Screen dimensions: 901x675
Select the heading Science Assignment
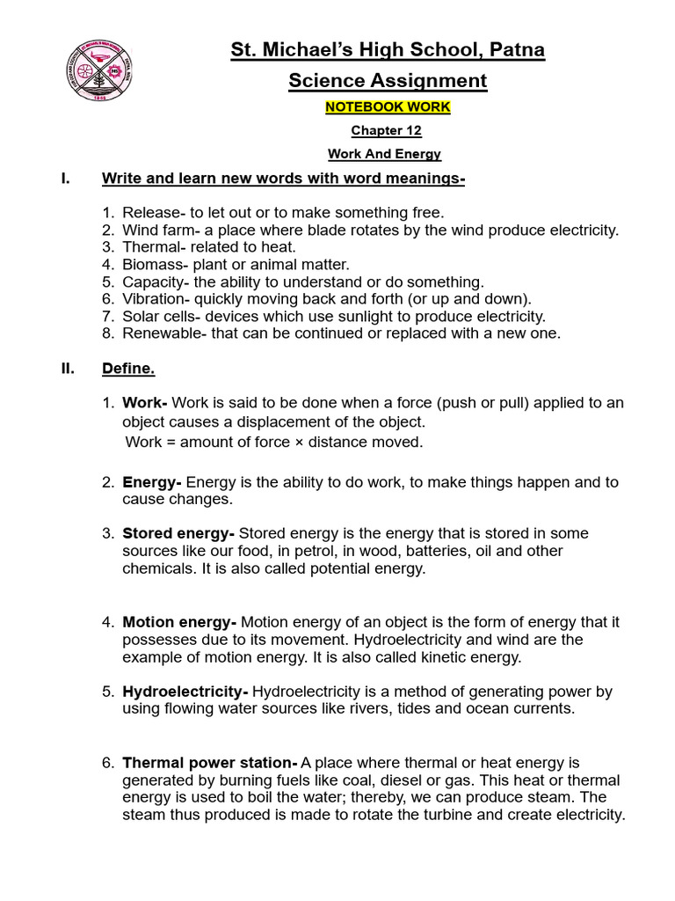(388, 81)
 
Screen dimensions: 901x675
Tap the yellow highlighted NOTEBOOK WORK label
(388, 106)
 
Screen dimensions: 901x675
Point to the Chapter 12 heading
(387, 131)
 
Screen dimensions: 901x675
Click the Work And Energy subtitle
(384, 154)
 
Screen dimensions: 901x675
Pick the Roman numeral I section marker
(64, 179)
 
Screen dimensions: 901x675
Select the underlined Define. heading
(128, 369)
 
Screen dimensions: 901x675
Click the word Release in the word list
(149, 213)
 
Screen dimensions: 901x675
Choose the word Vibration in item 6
(153, 299)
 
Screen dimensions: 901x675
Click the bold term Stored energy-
(178, 533)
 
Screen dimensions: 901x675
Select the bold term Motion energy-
(179, 622)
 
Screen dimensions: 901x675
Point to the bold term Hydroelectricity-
(185, 692)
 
